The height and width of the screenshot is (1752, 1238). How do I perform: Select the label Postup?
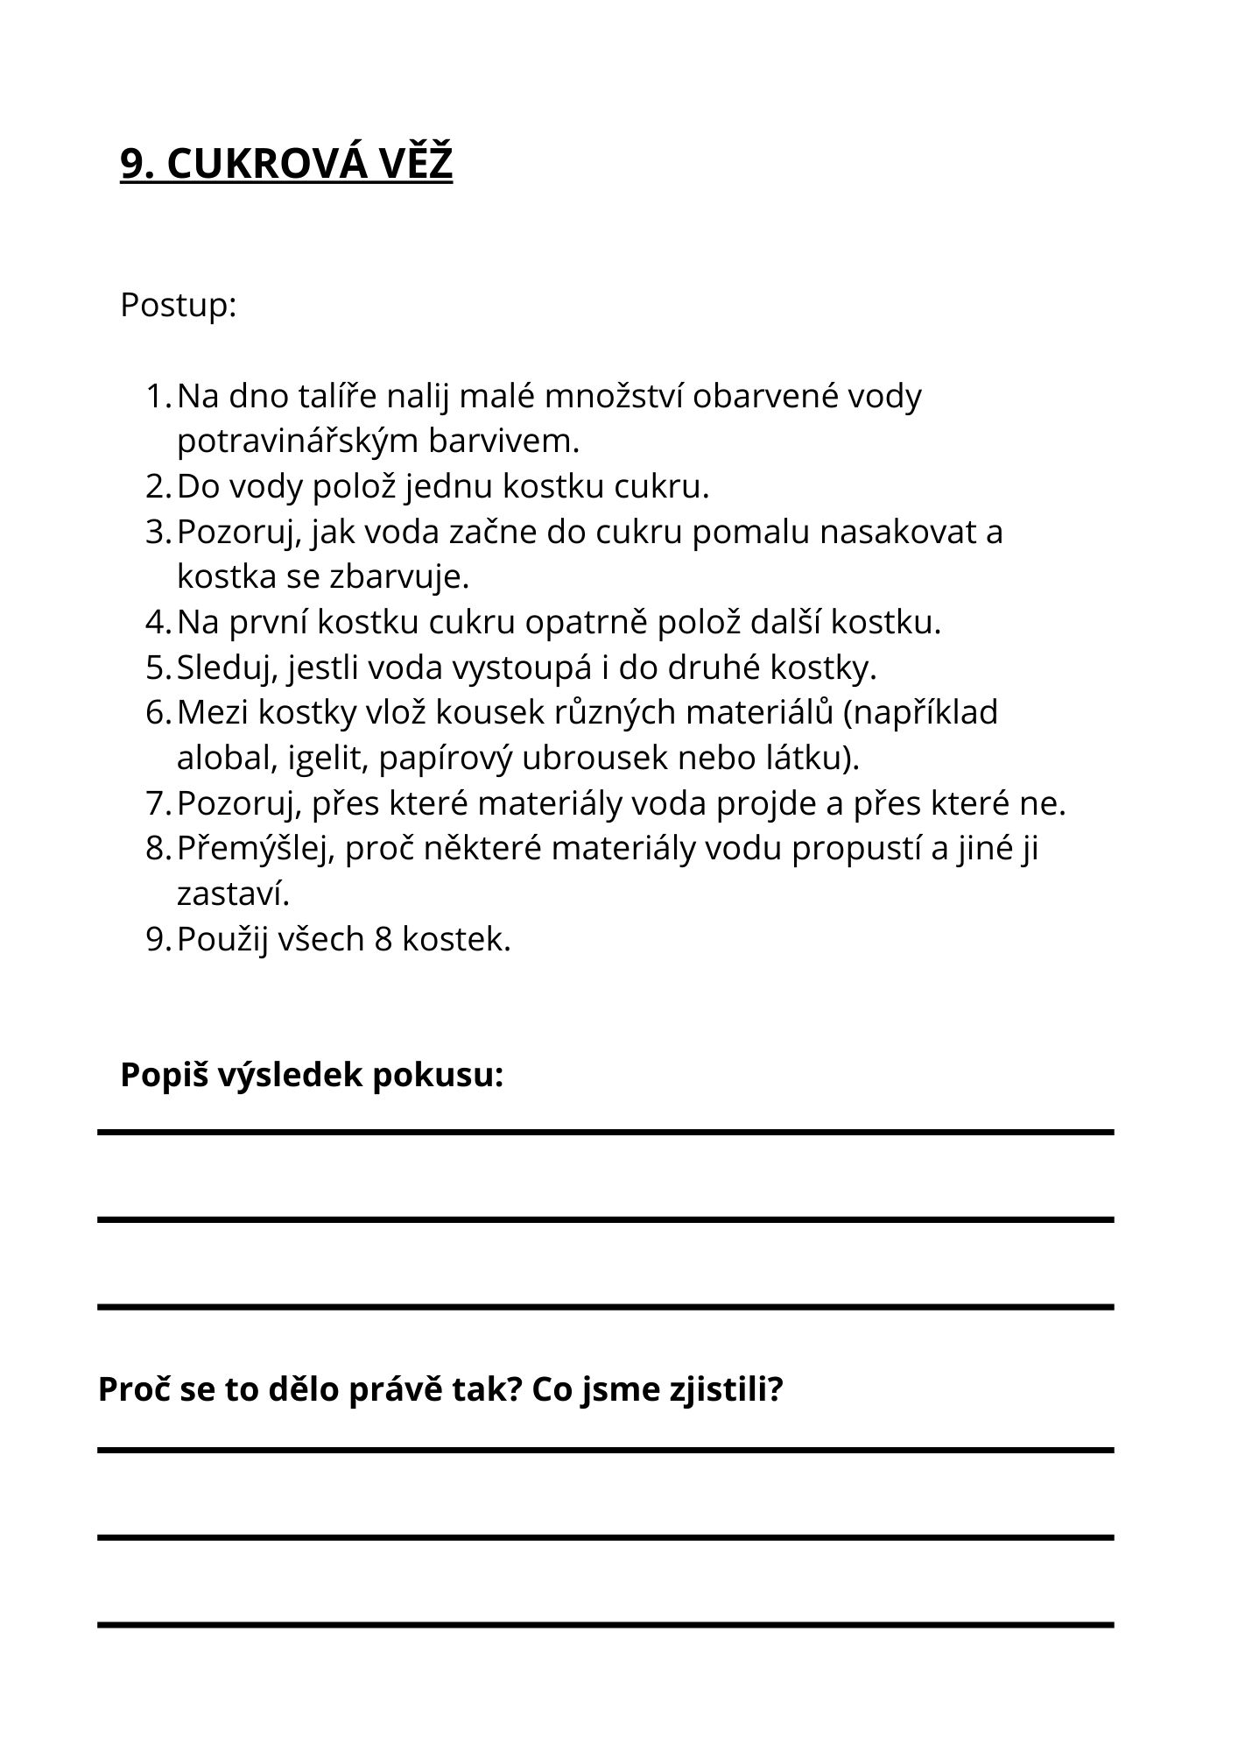tap(179, 306)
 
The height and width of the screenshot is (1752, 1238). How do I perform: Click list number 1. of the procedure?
tap(158, 396)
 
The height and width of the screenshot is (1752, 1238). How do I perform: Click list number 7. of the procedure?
tap(158, 803)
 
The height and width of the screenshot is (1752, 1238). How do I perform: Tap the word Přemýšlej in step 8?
tap(256, 848)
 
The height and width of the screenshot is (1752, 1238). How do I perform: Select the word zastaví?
tap(233, 894)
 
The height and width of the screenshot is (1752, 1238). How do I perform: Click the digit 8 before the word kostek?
tap(383, 939)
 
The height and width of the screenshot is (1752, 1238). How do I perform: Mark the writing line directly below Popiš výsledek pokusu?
tap(605, 1133)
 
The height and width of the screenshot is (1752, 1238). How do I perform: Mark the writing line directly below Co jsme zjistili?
tap(605, 1450)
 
